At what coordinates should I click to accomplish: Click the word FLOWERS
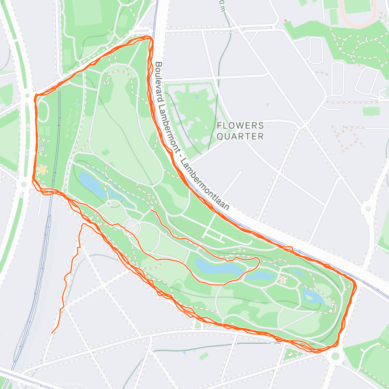click(x=240, y=125)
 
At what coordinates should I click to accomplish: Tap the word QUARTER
click(x=240, y=136)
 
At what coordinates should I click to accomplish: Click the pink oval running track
click(x=358, y=13)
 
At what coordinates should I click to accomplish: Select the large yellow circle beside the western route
click(x=42, y=170)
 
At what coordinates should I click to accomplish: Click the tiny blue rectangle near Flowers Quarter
click(x=267, y=105)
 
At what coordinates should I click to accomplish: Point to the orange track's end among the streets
click(x=52, y=333)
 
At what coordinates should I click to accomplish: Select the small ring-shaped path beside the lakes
click(x=109, y=204)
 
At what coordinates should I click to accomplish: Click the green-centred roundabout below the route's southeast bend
click(x=335, y=356)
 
